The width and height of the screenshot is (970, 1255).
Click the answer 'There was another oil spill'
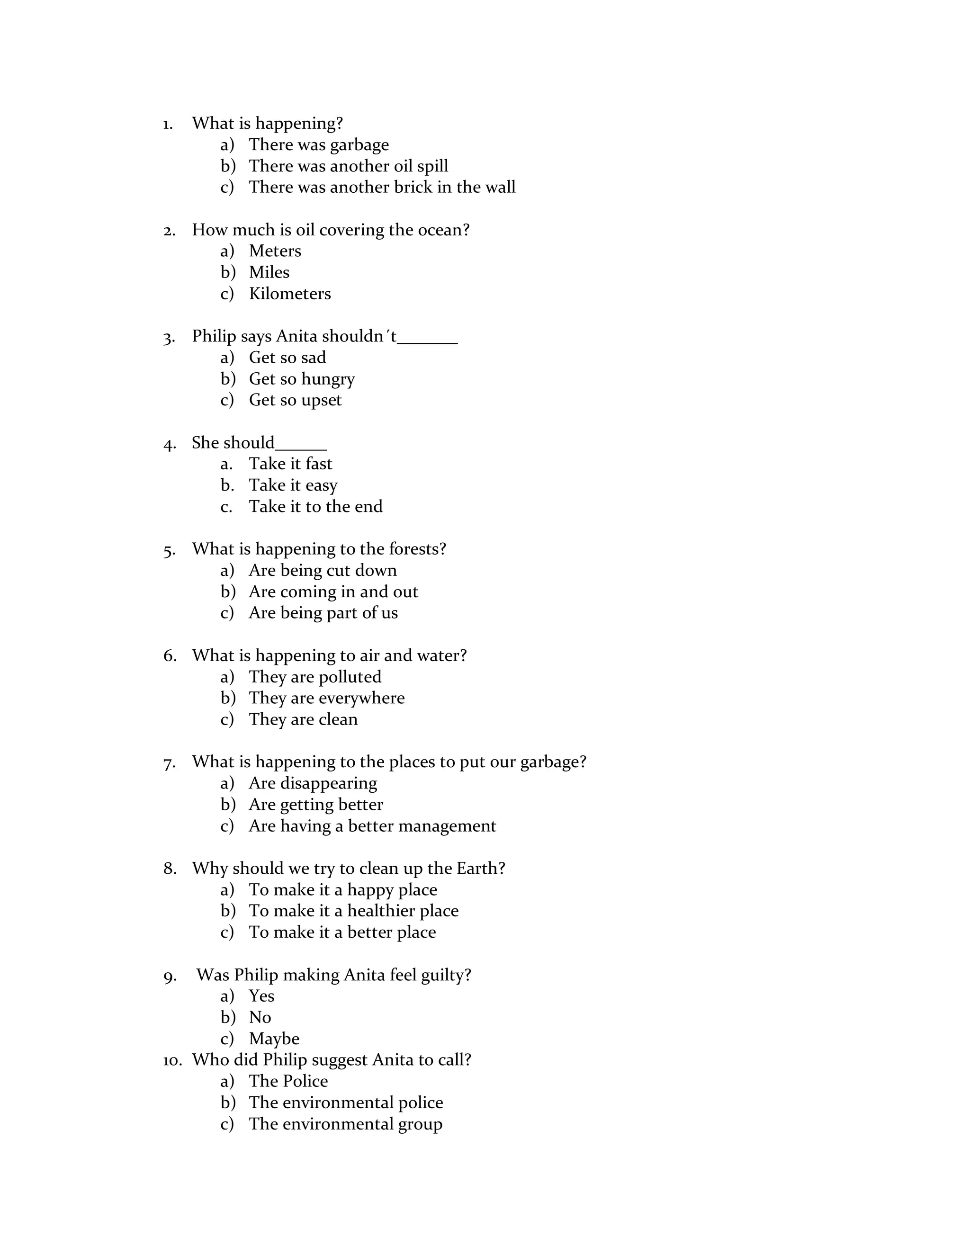point(348,166)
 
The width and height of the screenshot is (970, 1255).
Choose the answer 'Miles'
point(269,272)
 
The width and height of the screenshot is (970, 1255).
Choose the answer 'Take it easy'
point(293,485)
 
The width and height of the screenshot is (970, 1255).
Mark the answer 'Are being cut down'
point(323,571)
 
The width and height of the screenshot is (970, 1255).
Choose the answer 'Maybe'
point(274,1039)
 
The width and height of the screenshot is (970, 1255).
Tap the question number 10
point(172,1060)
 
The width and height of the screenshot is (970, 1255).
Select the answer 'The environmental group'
point(345,1124)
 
